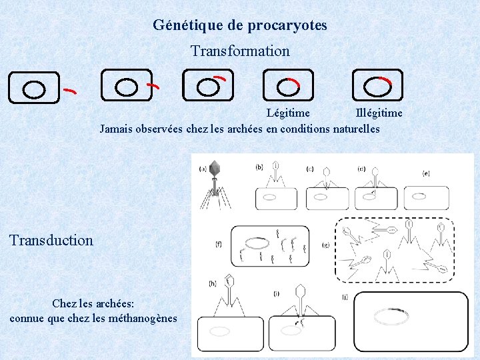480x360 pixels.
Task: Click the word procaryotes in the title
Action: [287, 26]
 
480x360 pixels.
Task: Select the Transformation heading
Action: [240, 51]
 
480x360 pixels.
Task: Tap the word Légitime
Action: [288, 113]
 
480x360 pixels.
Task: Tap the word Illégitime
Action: [379, 113]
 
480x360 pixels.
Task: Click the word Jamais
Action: [116, 129]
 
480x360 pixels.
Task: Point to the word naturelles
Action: [355, 129]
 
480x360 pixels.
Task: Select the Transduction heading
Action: [51, 240]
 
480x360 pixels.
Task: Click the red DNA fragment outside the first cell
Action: [69, 89]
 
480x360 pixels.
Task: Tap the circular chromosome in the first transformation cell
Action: [35, 89]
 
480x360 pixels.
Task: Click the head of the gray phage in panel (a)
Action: [215, 167]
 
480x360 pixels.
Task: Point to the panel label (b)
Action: [259, 166]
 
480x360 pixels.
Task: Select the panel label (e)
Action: [426, 173]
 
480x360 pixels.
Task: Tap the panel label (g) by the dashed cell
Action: [325, 245]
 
